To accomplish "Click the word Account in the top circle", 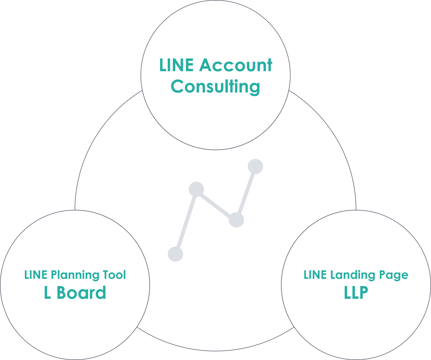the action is coord(236,66).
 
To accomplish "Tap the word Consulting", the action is coord(215,86).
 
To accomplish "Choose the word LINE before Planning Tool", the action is coord(35,275).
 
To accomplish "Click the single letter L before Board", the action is coord(47,293).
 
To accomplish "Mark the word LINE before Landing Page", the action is coord(314,275).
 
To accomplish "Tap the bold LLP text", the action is coord(356,293).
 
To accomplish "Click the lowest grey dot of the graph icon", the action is coord(176,254).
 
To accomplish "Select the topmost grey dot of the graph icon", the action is coord(255,166).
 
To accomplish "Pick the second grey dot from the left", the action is coord(196,189).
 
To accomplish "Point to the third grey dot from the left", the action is coord(236,220).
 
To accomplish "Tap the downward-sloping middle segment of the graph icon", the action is coord(216,204).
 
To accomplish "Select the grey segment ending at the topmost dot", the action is coord(246,193).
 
